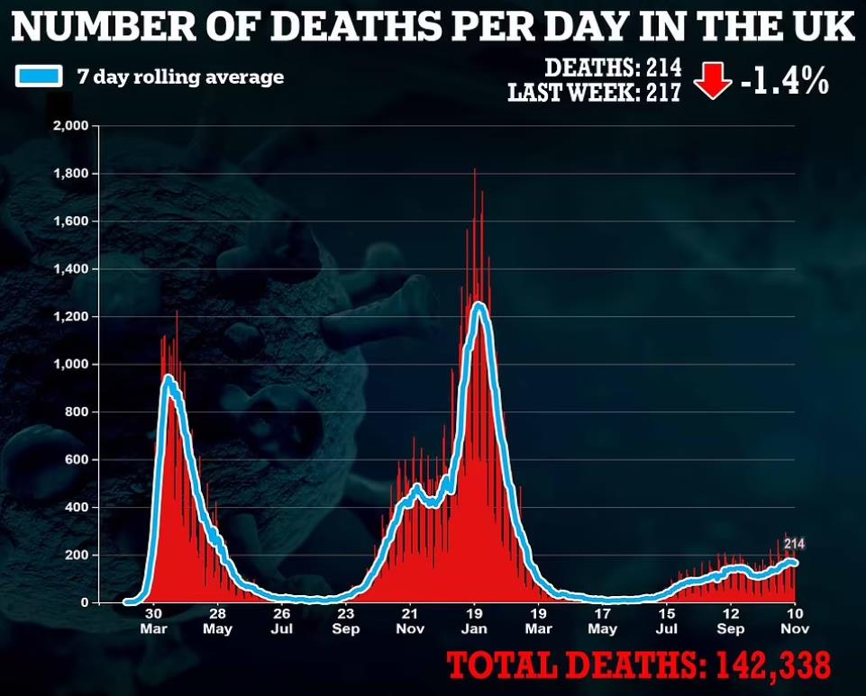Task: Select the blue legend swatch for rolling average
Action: click(x=39, y=77)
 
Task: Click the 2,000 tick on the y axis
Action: click(x=68, y=126)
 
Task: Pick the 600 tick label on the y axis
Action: click(x=75, y=460)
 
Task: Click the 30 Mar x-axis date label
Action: click(x=153, y=619)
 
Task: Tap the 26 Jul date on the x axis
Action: click(x=281, y=619)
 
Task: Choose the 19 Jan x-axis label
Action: click(x=475, y=619)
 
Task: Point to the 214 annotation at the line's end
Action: click(x=793, y=544)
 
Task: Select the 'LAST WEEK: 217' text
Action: click(x=594, y=92)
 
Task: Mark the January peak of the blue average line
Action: click(x=479, y=306)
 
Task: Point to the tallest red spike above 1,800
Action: click(x=475, y=171)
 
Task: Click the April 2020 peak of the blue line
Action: click(x=168, y=380)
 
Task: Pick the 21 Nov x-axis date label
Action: click(x=410, y=619)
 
